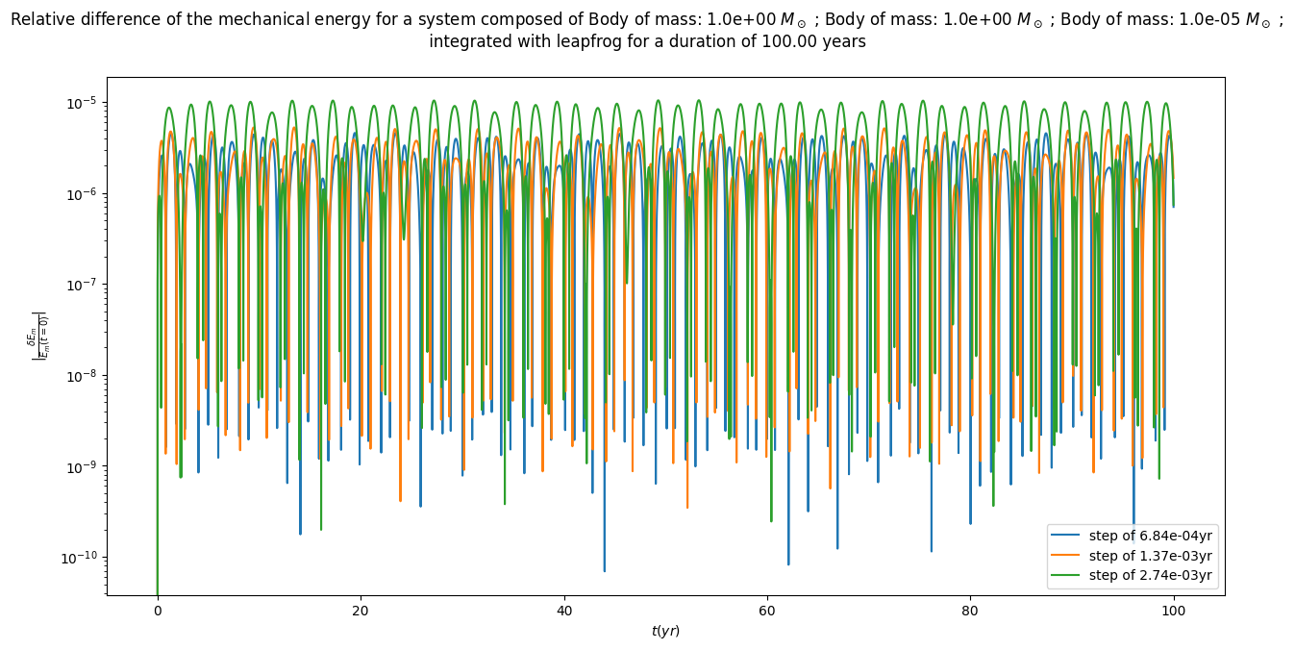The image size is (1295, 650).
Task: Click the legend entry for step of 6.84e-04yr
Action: click(x=1150, y=536)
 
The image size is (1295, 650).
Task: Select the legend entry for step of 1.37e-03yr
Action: click(x=1150, y=556)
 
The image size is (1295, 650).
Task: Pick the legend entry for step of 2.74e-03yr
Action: click(x=1150, y=576)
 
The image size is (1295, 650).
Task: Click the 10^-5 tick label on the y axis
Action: click(x=86, y=103)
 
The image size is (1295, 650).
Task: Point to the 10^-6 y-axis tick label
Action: click(x=86, y=194)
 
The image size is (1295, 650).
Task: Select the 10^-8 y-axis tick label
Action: click(x=86, y=376)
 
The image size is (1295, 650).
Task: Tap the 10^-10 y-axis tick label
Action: click(x=84, y=558)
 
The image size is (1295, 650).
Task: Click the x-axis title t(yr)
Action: click(x=665, y=631)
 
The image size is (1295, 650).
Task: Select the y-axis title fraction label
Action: click(x=39, y=336)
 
